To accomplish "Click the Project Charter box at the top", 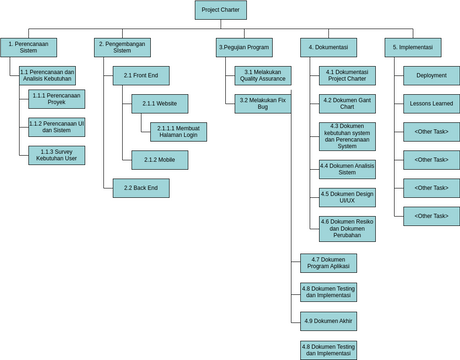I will (x=221, y=10).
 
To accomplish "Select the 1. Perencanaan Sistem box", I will (x=29, y=47).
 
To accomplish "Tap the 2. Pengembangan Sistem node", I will (x=123, y=47).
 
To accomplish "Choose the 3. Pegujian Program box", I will (x=244, y=47).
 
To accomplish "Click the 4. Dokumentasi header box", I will (x=328, y=47).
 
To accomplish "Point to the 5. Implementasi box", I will (x=412, y=47).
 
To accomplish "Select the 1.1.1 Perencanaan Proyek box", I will (x=57, y=99).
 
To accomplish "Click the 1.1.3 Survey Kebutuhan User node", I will (x=57, y=155).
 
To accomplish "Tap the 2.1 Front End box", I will (x=141, y=76).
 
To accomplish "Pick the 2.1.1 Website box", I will (x=160, y=104).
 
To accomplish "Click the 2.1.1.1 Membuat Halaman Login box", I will (x=179, y=132).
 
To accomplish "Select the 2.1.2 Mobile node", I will (x=160, y=160).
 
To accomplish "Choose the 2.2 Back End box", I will (x=141, y=188).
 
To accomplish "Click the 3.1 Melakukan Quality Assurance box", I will (x=263, y=76).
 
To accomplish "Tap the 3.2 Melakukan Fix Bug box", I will (x=263, y=104).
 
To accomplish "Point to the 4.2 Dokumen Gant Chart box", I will (x=348, y=104).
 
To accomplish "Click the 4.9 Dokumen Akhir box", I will (x=328, y=321).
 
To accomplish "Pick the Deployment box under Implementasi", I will (x=432, y=76).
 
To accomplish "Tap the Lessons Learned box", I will (x=432, y=104).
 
